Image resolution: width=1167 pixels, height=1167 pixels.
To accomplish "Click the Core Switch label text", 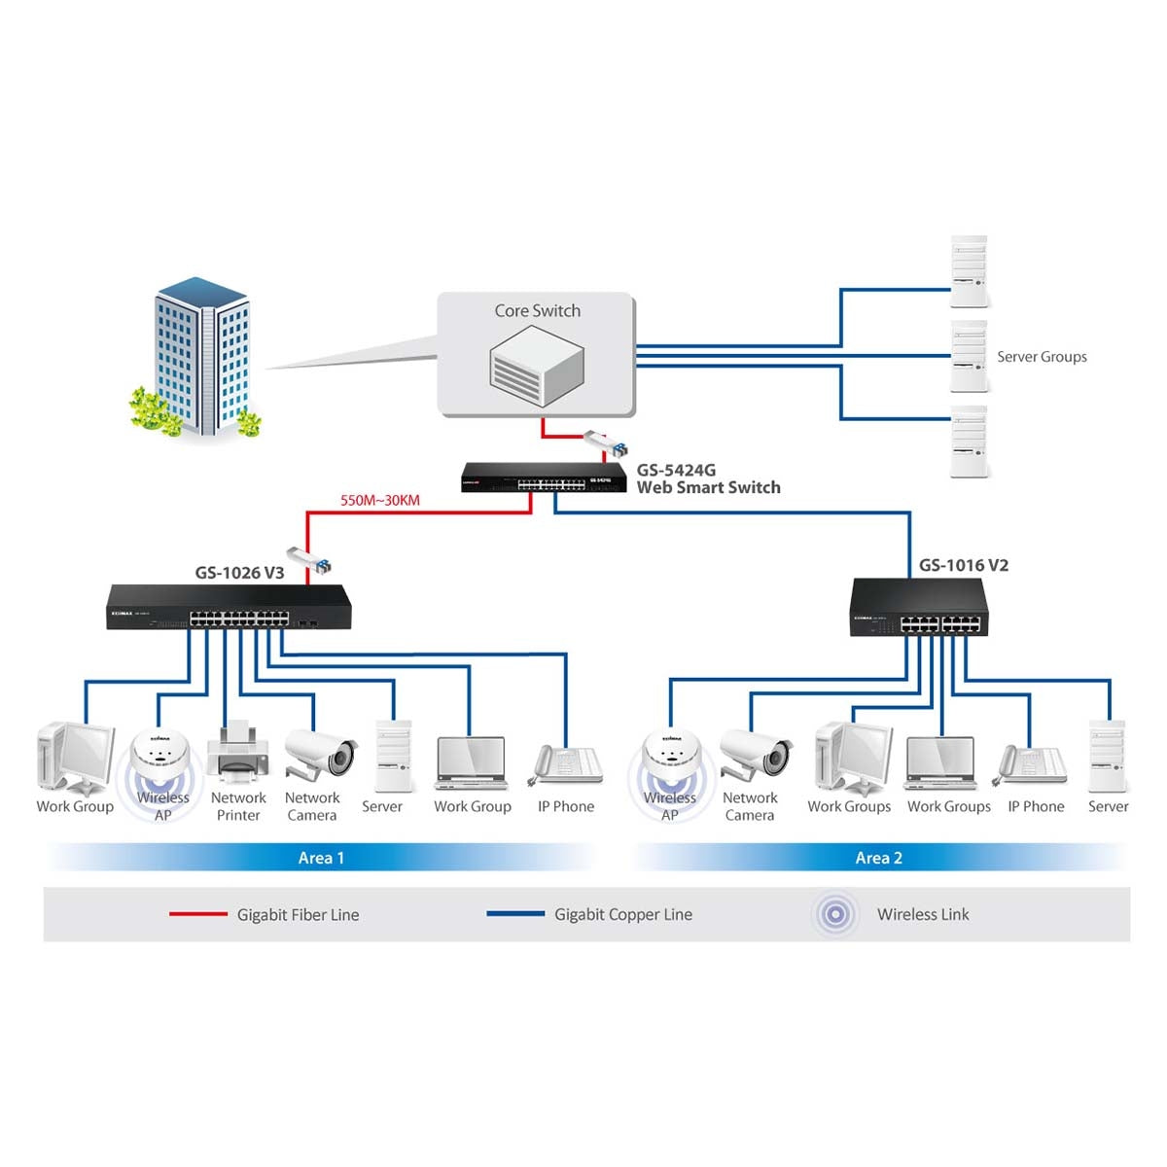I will point(537,311).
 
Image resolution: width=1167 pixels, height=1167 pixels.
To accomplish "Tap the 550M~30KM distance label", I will point(380,501).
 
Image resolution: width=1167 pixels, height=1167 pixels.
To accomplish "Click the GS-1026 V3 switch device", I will point(229,609).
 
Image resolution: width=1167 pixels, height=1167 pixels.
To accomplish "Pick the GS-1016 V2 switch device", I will point(919,609).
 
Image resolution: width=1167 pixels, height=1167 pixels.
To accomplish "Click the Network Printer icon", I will point(237,754).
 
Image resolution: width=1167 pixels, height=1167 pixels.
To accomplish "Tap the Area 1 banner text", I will point(321,858).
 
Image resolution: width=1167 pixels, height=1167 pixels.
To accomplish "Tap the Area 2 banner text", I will point(878,858).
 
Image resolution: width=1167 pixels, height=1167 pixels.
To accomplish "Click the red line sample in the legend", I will point(197,914).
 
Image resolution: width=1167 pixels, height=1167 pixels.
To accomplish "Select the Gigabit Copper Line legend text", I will point(623,914).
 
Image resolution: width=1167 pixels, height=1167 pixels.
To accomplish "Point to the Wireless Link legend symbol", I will point(835,914).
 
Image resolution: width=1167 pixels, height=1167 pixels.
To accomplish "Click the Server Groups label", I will point(1042,357).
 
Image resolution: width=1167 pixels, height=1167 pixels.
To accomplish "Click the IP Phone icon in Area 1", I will point(566,763).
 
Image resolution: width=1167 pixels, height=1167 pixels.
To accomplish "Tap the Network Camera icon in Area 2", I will point(758,753).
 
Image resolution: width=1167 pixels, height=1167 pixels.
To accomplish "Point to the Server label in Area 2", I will point(1108,806).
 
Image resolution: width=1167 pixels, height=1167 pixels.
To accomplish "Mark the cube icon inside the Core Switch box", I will point(536,366).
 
